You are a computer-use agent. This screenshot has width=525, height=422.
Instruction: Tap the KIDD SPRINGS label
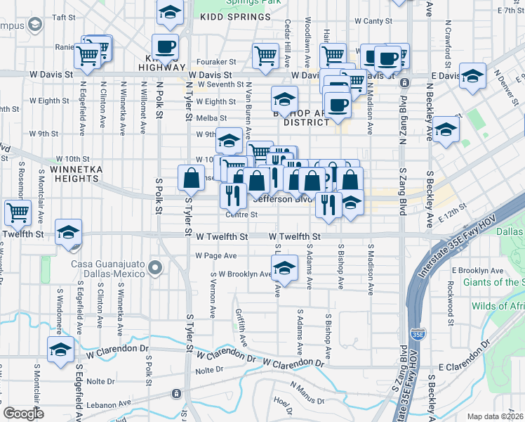[x=230, y=15]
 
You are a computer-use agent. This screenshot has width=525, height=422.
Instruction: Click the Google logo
[x=24, y=414]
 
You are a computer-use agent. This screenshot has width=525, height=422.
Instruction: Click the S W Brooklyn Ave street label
[x=241, y=274]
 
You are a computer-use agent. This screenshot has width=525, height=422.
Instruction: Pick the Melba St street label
[x=211, y=117]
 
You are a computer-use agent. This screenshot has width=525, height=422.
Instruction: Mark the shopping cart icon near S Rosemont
[x=17, y=210]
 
